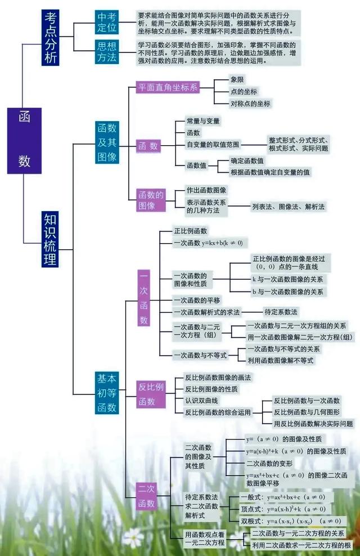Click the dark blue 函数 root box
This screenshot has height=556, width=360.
pyautogui.click(x=24, y=140)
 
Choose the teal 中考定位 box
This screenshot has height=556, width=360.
pyautogui.click(x=107, y=22)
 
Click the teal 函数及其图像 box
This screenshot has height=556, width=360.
pyautogui.click(x=107, y=142)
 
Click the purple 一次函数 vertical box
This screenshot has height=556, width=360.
pyautogui.click(x=144, y=298)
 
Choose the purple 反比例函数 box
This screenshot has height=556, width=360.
pyautogui.click(x=151, y=394)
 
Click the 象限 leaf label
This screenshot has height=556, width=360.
pyautogui.click(x=237, y=79)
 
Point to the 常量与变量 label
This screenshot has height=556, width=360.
pyautogui.click(x=203, y=120)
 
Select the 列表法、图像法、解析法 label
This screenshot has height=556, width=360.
pyautogui.click(x=288, y=207)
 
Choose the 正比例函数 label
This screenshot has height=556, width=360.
pyautogui.click(x=190, y=231)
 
